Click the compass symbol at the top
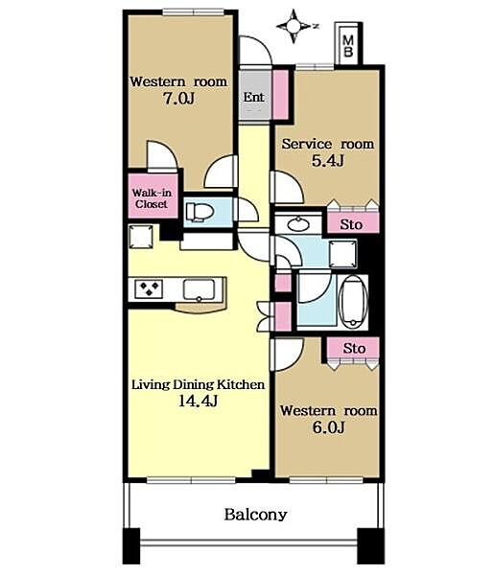point(294,26)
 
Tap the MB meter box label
point(347,46)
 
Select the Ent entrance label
point(253,97)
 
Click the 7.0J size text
point(178,99)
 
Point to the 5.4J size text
point(328,161)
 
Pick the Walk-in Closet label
point(152,198)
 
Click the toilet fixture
point(200,213)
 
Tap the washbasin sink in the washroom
point(298,224)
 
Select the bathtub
point(353,303)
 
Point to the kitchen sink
point(199,289)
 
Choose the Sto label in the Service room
point(351,224)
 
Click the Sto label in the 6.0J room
point(354,348)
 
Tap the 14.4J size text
point(199,401)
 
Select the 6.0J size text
point(328,427)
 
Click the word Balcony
point(255,515)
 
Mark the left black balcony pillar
point(131,545)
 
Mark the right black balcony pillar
point(370,545)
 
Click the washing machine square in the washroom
point(342,254)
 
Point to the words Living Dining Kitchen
point(199,384)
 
